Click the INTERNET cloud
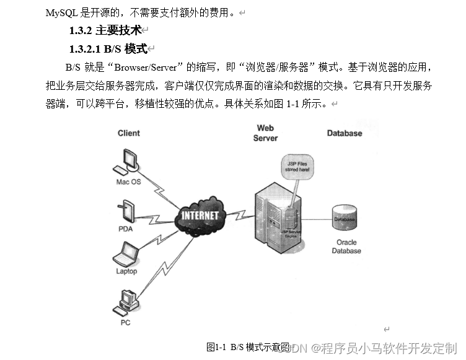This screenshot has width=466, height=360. (200, 215)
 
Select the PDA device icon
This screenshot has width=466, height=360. (126, 211)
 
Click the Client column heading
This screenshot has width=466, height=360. (129, 133)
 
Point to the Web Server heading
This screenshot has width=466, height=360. (265, 133)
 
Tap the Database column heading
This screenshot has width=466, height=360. (344, 133)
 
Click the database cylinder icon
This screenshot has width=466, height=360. (344, 219)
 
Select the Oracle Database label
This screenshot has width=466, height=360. (346, 247)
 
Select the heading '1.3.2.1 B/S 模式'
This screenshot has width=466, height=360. (108, 49)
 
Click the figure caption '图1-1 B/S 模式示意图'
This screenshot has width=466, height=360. (248, 347)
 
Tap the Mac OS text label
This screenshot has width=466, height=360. (128, 182)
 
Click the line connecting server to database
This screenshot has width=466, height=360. (317, 219)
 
